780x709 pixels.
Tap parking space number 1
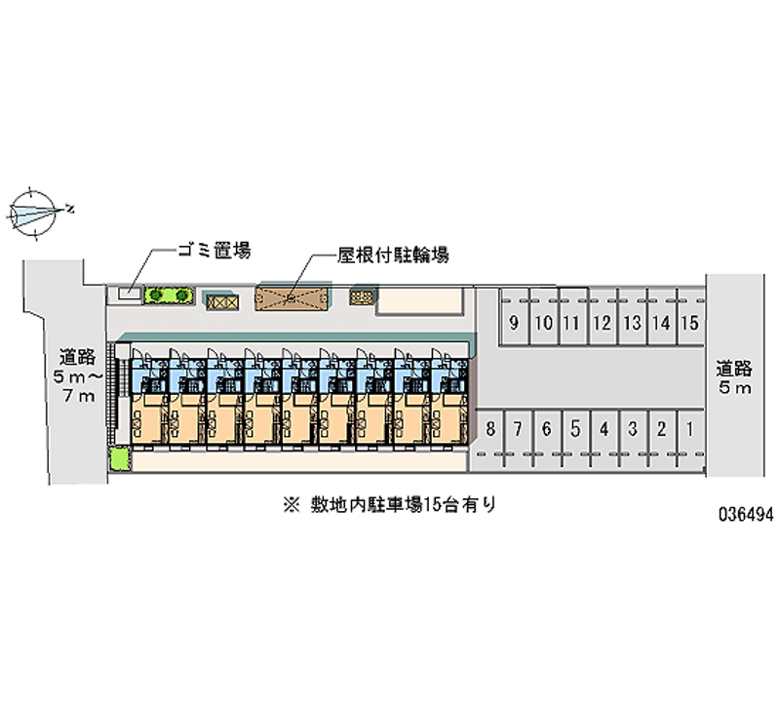[x=690, y=428]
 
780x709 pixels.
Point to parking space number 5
[x=576, y=428]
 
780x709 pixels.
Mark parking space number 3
[x=633, y=428]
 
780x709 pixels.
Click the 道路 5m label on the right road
[x=734, y=378]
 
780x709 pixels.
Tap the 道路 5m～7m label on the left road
[x=76, y=374]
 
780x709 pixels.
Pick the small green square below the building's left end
[x=119, y=457]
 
